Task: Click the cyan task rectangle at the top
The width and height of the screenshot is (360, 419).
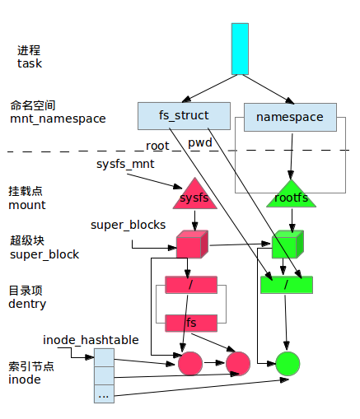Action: [x=240, y=49]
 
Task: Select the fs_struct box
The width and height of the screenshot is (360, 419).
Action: [x=184, y=116]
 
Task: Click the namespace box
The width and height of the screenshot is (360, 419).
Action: [x=289, y=117]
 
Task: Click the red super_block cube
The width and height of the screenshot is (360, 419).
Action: [x=190, y=244]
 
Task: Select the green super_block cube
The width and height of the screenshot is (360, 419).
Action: [x=284, y=244]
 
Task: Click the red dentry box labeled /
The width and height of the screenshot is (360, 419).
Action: [x=191, y=285]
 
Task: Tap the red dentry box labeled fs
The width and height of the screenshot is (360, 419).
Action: [x=191, y=323]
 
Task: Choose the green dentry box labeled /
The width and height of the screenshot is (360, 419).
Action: [x=287, y=285]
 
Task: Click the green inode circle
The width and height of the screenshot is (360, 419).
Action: [x=288, y=362]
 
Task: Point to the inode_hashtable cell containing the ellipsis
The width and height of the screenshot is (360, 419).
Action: [x=104, y=394]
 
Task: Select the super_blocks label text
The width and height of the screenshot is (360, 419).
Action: [x=128, y=225]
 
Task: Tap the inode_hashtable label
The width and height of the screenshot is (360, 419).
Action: [x=91, y=339]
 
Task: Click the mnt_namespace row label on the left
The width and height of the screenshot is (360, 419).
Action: [x=58, y=119]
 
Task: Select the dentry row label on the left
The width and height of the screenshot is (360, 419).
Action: [x=27, y=304]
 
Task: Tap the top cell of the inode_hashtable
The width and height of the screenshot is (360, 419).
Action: [x=104, y=356]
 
